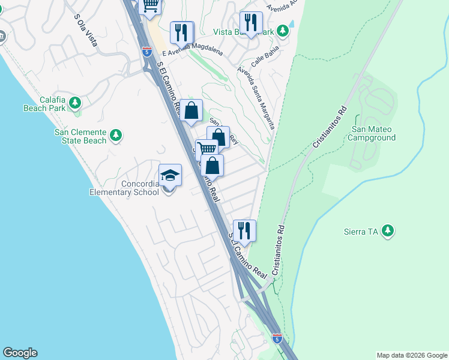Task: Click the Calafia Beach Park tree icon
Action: point(75,103)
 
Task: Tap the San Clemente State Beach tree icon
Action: point(116,136)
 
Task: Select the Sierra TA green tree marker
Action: point(388,230)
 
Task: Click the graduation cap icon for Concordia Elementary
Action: point(170,175)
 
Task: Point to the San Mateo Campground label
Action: point(373,133)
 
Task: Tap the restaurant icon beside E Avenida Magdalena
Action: point(182,32)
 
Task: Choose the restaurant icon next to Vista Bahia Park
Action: point(251,23)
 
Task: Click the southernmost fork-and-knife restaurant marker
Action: point(244,230)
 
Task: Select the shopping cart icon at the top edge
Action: point(150,6)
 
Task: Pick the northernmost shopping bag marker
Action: point(191,110)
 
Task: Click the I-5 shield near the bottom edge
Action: point(277,338)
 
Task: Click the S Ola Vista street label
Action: point(86,26)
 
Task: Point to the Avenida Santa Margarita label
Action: point(256,97)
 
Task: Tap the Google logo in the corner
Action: point(20,353)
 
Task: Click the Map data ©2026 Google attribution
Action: point(411,355)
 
